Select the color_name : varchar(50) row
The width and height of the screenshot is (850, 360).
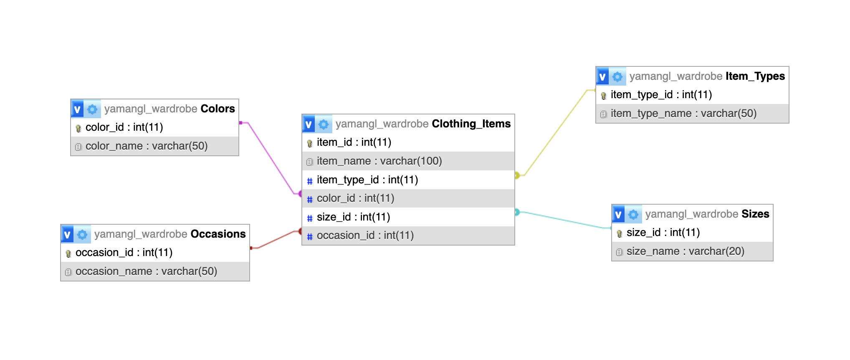[x=155, y=146]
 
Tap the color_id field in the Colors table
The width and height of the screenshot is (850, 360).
[x=124, y=127]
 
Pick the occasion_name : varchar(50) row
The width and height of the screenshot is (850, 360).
[x=155, y=271]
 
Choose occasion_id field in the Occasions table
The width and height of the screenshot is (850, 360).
[x=124, y=253]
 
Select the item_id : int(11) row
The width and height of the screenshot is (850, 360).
[x=408, y=142]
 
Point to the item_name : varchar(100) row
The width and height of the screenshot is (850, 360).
[x=408, y=161]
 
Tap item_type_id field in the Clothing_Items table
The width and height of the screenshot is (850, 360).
[x=367, y=180]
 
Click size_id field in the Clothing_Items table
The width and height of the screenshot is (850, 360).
[x=353, y=217]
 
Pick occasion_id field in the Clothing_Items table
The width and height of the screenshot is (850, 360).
[x=365, y=236]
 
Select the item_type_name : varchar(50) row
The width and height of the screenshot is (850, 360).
[x=692, y=114]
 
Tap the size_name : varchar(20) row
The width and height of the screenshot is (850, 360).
[x=692, y=251]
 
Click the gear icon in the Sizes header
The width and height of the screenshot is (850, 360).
[x=633, y=214]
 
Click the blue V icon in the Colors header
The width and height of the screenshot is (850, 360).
[x=77, y=109]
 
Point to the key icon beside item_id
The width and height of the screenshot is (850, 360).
[x=309, y=143]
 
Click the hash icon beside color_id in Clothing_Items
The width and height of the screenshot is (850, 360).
[x=309, y=199]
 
